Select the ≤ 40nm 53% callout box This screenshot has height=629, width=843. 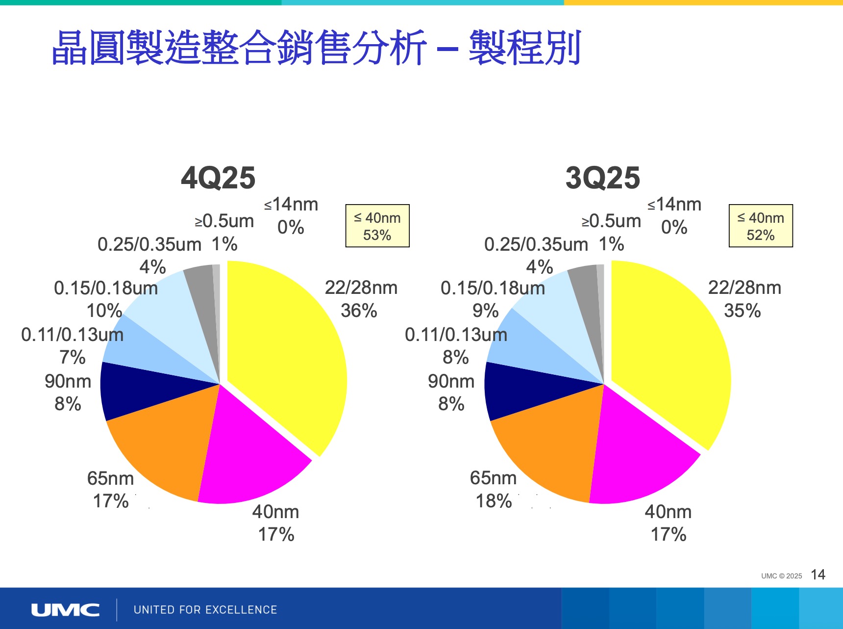[377, 226]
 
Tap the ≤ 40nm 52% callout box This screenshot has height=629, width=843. [761, 226]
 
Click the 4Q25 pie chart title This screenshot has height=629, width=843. [218, 178]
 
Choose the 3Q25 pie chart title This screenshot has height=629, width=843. [602, 178]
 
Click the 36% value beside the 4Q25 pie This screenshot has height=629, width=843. [359, 311]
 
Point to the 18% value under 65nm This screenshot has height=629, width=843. [494, 501]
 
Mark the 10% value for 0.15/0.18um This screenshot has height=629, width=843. [104, 311]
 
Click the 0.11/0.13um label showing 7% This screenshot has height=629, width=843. [73, 335]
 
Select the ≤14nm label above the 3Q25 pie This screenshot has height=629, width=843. [674, 204]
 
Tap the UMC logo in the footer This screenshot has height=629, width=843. [65, 610]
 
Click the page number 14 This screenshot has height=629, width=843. [818, 575]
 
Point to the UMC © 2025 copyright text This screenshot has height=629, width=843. [781, 576]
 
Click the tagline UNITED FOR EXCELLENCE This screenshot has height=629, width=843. [205, 610]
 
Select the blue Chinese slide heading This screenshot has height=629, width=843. [316, 48]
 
